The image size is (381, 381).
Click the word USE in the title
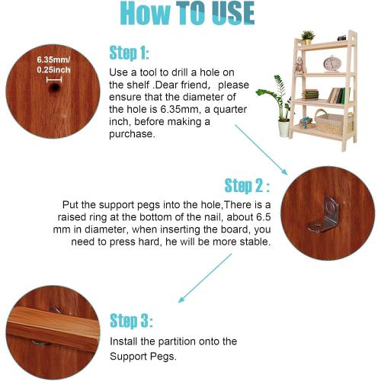point(233,13)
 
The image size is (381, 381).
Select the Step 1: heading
point(129,53)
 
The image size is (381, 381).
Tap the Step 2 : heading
point(247,186)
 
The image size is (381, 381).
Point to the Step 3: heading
point(131,321)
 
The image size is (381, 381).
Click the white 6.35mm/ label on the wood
point(53,59)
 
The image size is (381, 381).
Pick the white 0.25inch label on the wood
point(53,70)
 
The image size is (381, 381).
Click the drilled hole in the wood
point(54,88)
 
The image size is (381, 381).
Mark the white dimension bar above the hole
point(54,80)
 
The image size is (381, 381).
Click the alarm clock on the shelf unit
point(332,63)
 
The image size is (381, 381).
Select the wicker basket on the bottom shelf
point(334,123)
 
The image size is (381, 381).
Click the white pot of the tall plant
point(284,129)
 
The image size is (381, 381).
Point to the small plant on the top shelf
point(308,37)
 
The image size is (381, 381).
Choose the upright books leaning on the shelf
point(339,95)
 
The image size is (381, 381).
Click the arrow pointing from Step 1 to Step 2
point(261,150)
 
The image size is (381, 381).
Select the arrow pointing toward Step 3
point(205,278)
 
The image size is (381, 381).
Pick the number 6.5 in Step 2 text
point(264,217)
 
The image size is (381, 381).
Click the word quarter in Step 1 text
point(230,110)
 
